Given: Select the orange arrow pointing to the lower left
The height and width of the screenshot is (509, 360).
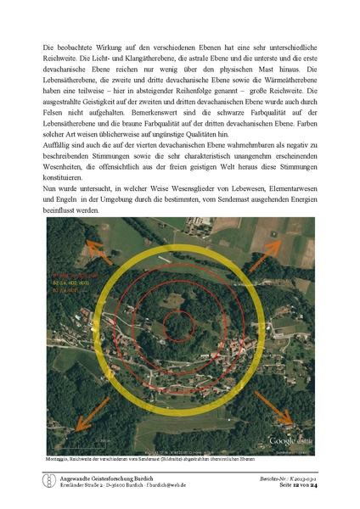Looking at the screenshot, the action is tap(79, 428).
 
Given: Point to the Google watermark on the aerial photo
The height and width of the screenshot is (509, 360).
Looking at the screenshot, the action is tap(287, 441).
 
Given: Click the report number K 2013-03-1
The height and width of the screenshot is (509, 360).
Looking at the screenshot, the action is tap(300, 478).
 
